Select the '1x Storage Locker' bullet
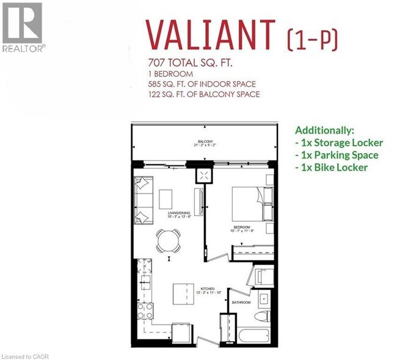pyautogui.click(x=339, y=143)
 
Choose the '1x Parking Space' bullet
pyautogui.click(x=337, y=155)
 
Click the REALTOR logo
pyautogui.click(x=23, y=27)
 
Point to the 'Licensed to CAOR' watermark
pyautogui.click(x=25, y=355)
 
